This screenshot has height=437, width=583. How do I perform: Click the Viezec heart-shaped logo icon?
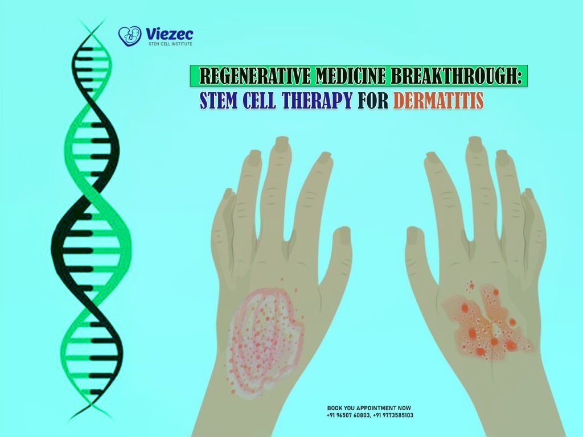[129, 36]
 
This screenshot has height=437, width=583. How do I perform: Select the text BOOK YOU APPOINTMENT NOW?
[369, 408]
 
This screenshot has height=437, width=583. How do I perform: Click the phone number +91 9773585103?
[393, 415]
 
